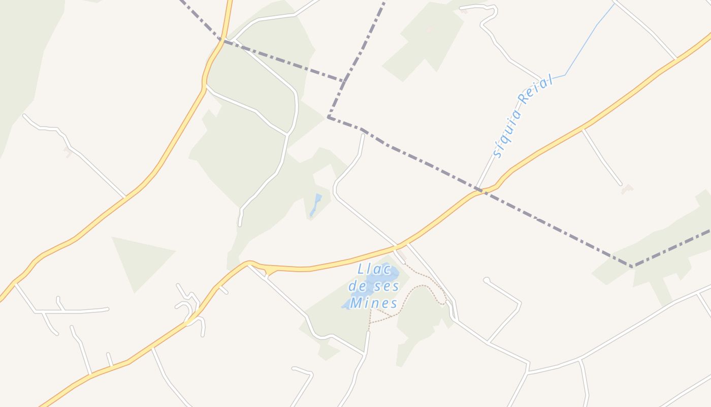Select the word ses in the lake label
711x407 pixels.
[x=386, y=286]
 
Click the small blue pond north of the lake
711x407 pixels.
[x=315, y=205]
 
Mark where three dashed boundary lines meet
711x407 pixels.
[x=345, y=80]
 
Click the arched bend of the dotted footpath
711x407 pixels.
[x=426, y=286]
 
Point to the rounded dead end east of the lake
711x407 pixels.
[x=487, y=280]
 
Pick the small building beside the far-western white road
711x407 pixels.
[x=68, y=152]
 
